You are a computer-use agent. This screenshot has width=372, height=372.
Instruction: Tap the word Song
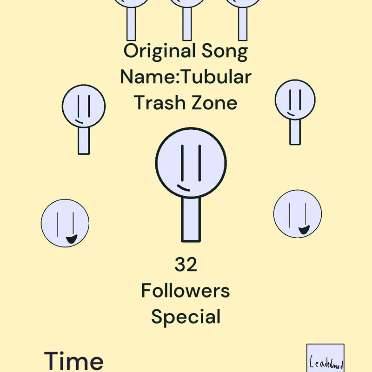coord(225,51)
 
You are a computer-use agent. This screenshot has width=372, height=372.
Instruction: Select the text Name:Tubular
coord(186,77)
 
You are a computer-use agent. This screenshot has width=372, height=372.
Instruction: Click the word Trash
coord(159,102)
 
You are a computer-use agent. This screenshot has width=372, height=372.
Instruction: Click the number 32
coord(186,264)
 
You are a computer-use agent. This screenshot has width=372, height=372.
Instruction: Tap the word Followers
coord(186,290)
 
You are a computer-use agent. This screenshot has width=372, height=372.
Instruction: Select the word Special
coord(186,317)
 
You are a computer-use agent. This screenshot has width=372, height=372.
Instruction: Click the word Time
coord(73,361)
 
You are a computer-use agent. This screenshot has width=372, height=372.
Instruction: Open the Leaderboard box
coord(325,358)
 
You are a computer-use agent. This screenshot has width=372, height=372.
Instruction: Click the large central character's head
coord(191,163)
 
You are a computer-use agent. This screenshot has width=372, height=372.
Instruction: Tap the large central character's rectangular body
coord(191,219)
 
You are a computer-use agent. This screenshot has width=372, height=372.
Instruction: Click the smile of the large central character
coord(183,188)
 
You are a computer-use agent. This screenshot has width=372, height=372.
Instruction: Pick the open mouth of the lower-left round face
coord(72,239)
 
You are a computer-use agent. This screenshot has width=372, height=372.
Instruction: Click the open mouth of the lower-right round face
coord(304,230)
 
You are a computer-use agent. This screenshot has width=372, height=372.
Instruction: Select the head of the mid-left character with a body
coord(84,106)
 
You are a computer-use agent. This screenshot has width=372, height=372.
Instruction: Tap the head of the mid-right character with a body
coord(295,100)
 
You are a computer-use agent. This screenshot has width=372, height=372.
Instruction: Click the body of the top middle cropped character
coord(187,24)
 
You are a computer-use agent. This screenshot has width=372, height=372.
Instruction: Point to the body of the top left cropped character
coord(131,24)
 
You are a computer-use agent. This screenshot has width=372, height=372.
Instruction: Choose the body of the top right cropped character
coord(243,24)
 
